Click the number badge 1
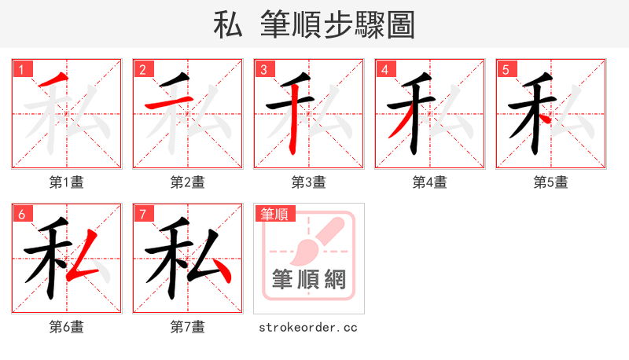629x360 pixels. [22, 69]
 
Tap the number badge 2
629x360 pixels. [143, 69]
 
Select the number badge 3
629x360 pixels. [264, 69]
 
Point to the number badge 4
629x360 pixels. [385, 69]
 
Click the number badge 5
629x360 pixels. [506, 69]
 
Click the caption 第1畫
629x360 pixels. [66, 182]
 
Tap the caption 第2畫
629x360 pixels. [187, 182]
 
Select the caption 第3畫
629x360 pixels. [308, 182]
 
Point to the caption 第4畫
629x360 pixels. [429, 182]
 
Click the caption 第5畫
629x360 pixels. [550, 182]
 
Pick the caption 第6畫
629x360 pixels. [66, 326]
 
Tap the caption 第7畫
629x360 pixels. [187, 326]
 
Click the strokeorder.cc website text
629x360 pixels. [308, 326]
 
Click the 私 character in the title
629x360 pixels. [228, 25]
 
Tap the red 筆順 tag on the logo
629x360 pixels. [274, 214]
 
